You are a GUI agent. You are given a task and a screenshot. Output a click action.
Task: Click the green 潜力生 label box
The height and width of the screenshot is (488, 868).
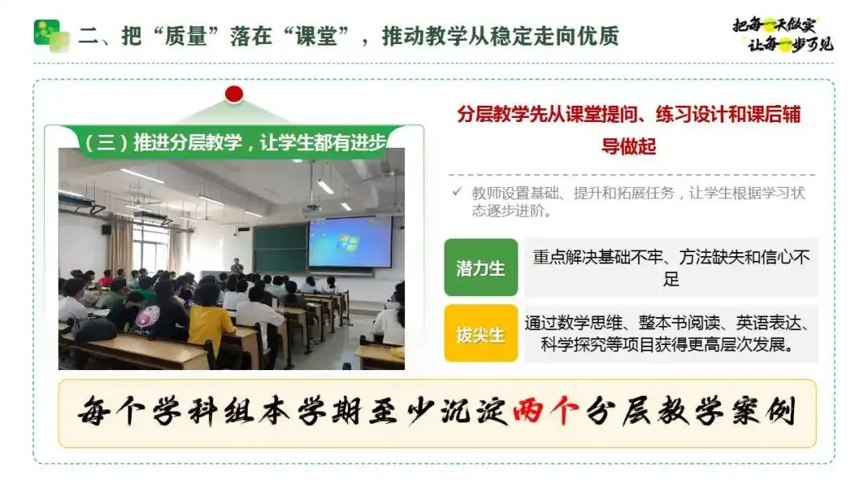481,267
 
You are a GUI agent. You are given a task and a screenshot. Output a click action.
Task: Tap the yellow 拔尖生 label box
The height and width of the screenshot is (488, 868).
481,333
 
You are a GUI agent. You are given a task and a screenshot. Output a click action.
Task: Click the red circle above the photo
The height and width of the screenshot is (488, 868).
234,94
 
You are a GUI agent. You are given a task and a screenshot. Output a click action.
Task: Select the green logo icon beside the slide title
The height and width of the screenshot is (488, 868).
51,35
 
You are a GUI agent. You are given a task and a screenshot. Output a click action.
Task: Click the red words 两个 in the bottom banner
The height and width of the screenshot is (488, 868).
546,411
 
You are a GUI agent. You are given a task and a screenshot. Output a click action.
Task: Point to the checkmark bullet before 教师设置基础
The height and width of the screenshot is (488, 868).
457,192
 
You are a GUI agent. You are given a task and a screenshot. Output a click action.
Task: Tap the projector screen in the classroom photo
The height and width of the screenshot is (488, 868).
350,242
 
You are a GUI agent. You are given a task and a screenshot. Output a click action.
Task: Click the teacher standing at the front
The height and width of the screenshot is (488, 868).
237,267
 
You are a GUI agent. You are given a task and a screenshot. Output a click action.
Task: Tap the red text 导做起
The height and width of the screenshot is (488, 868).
628,146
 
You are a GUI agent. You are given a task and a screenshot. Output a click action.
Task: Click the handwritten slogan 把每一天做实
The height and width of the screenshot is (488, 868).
774,25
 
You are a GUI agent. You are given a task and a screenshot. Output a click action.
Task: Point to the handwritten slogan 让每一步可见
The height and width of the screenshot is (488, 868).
791,43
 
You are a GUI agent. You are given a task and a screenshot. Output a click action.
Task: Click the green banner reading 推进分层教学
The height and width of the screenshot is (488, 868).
235,143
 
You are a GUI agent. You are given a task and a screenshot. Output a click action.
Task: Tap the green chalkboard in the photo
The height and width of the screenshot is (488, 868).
280,248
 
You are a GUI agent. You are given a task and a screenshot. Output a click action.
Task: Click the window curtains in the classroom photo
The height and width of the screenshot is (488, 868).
120,244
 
